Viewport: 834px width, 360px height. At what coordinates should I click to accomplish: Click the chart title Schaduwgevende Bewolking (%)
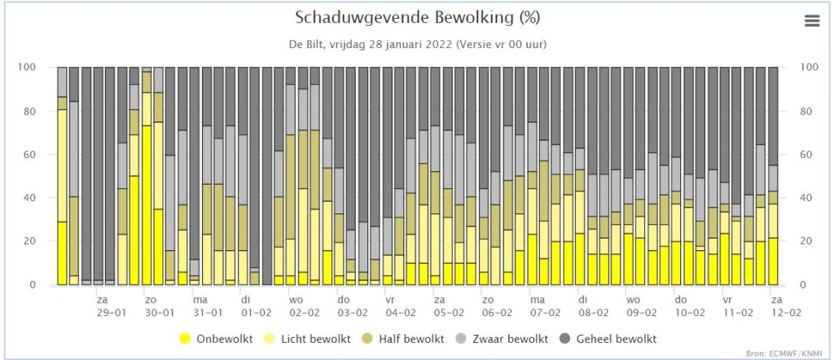(x=417, y=18)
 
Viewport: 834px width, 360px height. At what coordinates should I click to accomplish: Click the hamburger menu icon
(x=812, y=20)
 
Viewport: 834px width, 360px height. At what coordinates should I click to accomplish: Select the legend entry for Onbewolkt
(x=217, y=338)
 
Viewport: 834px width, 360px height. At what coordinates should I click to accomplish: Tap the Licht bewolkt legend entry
(x=309, y=338)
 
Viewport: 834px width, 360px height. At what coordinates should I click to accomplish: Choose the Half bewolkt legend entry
(x=404, y=338)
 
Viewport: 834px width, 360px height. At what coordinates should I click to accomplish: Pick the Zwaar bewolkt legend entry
(x=502, y=338)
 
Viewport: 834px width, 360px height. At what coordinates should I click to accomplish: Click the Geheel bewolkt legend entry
(x=608, y=338)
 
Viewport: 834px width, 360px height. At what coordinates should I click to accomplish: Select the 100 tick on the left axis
(x=27, y=68)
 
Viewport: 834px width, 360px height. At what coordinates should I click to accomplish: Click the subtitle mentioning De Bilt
(x=418, y=45)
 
